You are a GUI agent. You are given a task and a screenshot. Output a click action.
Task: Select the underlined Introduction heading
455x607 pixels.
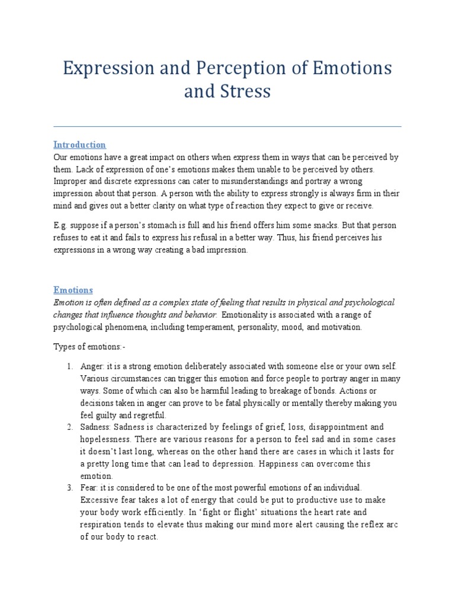click(x=79, y=145)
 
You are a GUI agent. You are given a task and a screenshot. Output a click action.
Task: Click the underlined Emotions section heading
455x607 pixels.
click(x=73, y=290)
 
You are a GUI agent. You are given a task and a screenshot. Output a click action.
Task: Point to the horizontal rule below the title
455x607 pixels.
click(x=227, y=126)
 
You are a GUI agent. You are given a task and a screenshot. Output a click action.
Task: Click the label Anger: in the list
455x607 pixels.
click(x=92, y=366)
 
